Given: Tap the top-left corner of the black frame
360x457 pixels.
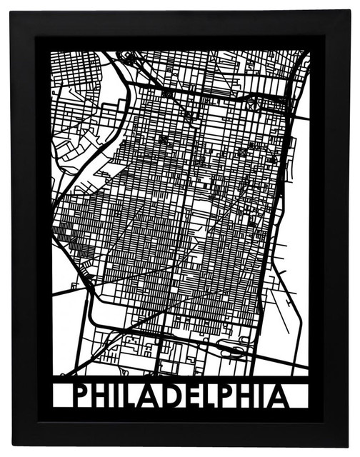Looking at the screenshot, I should click(x=13, y=11).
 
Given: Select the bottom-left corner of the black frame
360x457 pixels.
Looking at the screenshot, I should click(x=13, y=446).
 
